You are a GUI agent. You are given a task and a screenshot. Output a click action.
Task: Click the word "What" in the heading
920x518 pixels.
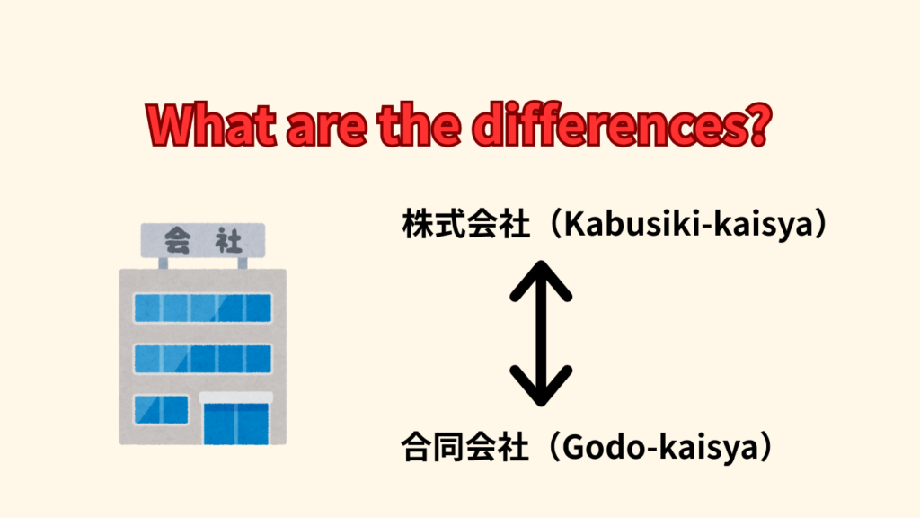pyautogui.click(x=211, y=126)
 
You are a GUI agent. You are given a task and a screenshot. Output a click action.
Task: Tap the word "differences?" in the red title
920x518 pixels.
pyautogui.click(x=622, y=124)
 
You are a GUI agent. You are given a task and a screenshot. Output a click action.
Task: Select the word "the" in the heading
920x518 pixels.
pyautogui.click(x=419, y=126)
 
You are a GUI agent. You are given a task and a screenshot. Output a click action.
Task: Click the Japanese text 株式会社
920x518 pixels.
pyautogui.click(x=466, y=224)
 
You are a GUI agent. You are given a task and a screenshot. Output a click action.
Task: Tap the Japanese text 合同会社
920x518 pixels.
pyautogui.click(x=465, y=447)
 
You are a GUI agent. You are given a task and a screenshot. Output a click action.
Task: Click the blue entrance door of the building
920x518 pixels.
pyautogui.click(x=236, y=424)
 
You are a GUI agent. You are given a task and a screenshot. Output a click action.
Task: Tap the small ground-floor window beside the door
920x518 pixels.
pyautogui.click(x=162, y=410)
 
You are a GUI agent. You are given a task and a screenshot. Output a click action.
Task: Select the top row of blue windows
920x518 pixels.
pyautogui.click(x=203, y=308)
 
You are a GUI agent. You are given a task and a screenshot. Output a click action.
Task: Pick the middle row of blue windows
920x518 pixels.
pyautogui.click(x=203, y=359)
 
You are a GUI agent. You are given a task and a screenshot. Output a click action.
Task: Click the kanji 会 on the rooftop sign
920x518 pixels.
pyautogui.click(x=177, y=240)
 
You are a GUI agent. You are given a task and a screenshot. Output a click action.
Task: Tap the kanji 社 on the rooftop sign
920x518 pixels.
pyautogui.click(x=228, y=240)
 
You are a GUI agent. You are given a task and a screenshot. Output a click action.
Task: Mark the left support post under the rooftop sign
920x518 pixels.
pyautogui.click(x=164, y=263)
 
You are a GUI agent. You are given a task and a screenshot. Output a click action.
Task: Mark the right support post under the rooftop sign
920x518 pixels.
pyautogui.click(x=243, y=263)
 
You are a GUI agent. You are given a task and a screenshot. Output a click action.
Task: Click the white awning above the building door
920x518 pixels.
pyautogui.click(x=236, y=397)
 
